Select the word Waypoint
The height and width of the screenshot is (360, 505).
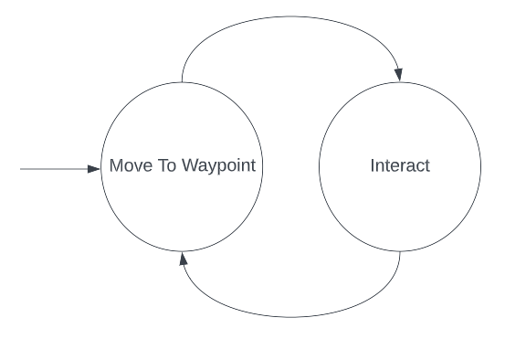pyautogui.click(x=218, y=166)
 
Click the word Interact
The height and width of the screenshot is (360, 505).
pyautogui.click(x=400, y=165)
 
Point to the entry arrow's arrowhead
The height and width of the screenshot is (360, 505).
pyautogui.click(x=94, y=169)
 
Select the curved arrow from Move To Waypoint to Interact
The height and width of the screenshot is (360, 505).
pyautogui.click(x=290, y=16)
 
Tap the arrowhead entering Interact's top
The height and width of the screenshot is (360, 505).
pyautogui.click(x=399, y=75)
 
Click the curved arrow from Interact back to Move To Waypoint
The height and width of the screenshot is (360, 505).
pyautogui.click(x=290, y=317)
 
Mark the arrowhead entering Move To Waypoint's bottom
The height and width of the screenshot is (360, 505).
pyautogui.click(x=183, y=259)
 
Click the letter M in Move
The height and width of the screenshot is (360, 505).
pyautogui.click(x=116, y=165)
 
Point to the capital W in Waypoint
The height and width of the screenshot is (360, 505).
pyautogui.click(x=191, y=165)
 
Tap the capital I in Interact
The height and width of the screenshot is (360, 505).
pyautogui.click(x=373, y=165)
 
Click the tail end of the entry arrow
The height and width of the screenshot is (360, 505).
pyautogui.click(x=20, y=169)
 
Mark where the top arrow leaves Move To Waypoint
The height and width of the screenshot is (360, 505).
pyautogui.click(x=182, y=82)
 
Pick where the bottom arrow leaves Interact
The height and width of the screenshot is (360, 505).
pyautogui.click(x=400, y=251)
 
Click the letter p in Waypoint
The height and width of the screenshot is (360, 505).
pyautogui.click(x=220, y=167)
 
